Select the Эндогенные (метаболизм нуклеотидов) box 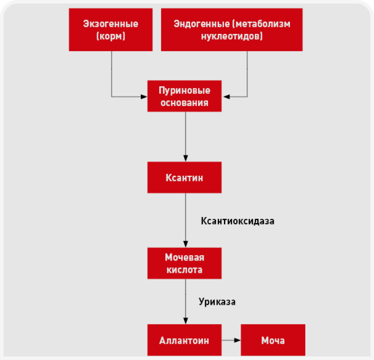pos(232,29)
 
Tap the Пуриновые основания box pos(184,96)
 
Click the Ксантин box pos(184,178)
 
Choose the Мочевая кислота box pos(184,263)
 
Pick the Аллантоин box pos(184,340)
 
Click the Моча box pos(273,340)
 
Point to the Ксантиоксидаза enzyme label pos(237,221)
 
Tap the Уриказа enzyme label pos(217,302)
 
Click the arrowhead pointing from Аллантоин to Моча pos(238,340)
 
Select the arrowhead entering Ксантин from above pos(185,159)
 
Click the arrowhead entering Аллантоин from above pos(185,321)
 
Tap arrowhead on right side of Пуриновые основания pos(226,96)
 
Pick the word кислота pos(184,269)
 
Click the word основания pos(184,103)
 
